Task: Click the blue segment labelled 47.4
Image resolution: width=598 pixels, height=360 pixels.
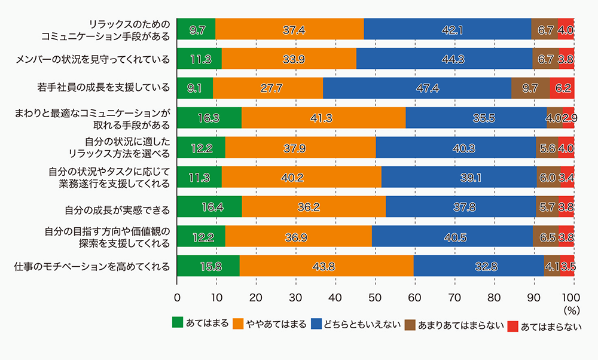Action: click(417, 88)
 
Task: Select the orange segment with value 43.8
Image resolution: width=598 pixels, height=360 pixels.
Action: click(326, 266)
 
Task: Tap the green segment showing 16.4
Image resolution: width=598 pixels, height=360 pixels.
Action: click(209, 206)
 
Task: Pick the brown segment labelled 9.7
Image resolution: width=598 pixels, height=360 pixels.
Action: click(530, 88)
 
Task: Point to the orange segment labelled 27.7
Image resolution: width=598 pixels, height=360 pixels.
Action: click(267, 88)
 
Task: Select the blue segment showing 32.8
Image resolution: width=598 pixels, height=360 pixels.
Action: click(478, 266)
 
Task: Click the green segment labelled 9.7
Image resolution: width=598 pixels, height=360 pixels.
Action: click(196, 29)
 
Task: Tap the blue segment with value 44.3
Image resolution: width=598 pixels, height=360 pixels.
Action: click(444, 59)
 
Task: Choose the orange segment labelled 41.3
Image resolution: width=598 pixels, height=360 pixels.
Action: click(323, 118)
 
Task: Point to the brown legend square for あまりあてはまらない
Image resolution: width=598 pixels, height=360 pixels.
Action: click(410, 325)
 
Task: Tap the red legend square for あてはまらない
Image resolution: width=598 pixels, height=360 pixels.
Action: click(512, 325)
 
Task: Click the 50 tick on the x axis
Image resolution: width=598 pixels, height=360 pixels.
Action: click(374, 297)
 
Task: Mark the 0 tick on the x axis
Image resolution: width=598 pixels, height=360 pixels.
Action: click(177, 297)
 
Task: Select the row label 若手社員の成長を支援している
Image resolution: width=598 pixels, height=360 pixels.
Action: click(103, 89)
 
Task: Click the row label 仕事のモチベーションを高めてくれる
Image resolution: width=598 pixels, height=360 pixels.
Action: click(91, 266)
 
